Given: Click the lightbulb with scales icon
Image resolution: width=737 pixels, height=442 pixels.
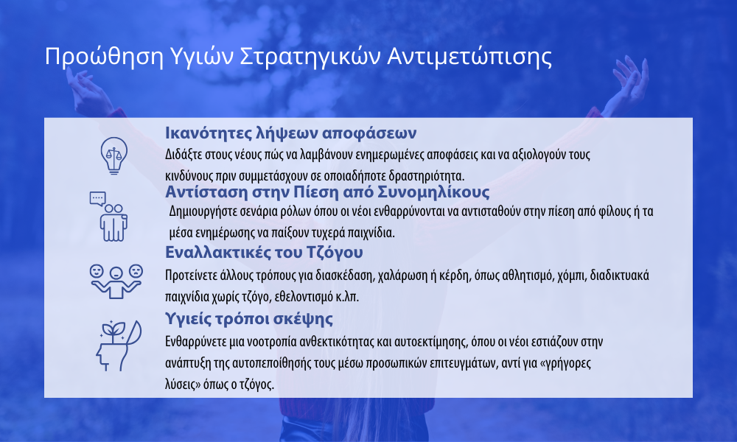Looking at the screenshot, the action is [x=113, y=155].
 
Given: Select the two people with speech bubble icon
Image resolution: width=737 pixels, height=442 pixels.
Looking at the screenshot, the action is [x=108, y=217].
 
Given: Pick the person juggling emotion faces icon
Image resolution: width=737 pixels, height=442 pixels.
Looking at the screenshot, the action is [x=116, y=281].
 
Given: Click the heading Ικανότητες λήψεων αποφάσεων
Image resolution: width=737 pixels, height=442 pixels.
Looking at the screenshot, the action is [x=290, y=133].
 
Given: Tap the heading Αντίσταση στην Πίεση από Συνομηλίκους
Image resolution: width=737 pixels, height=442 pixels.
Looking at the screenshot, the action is [x=327, y=192].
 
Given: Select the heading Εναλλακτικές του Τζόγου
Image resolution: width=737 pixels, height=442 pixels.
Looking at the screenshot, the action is [x=264, y=252].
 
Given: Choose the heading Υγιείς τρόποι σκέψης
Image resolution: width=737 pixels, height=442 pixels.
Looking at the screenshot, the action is [x=248, y=318].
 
